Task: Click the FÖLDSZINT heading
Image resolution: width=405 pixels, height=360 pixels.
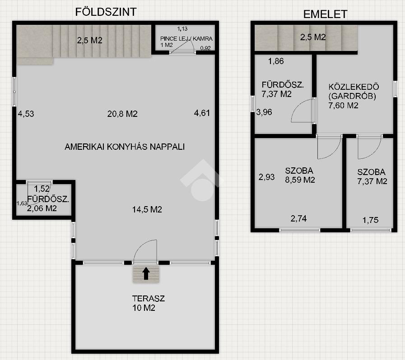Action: (106, 12)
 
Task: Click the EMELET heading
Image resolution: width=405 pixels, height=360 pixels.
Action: (325, 14)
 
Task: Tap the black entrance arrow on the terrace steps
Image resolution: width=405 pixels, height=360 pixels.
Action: (146, 273)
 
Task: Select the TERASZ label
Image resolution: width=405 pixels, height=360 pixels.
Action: (148, 298)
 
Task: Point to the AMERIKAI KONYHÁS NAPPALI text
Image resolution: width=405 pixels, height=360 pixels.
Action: (125, 147)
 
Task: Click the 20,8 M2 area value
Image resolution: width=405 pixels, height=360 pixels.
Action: (122, 114)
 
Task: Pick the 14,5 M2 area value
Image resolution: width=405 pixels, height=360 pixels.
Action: (147, 209)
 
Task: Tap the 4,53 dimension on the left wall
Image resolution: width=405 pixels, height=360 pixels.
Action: (26, 114)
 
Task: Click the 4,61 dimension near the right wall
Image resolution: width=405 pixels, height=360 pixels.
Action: (202, 113)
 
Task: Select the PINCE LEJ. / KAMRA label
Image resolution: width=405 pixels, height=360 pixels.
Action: (186, 39)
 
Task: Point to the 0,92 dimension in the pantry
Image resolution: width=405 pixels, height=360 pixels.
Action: (205, 48)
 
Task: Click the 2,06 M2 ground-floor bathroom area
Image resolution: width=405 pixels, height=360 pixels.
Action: (42, 208)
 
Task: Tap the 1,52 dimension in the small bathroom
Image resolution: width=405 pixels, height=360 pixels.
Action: (42, 189)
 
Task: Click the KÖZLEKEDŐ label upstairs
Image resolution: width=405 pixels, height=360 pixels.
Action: (354, 87)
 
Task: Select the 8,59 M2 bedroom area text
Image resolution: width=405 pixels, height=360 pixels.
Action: (300, 180)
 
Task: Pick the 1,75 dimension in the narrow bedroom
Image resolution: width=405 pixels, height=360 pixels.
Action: (370, 220)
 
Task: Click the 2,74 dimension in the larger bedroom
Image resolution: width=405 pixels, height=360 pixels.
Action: (298, 219)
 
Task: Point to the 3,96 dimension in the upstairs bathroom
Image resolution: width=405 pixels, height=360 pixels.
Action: (264, 112)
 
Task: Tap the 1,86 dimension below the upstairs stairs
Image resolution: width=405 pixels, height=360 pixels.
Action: (276, 61)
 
